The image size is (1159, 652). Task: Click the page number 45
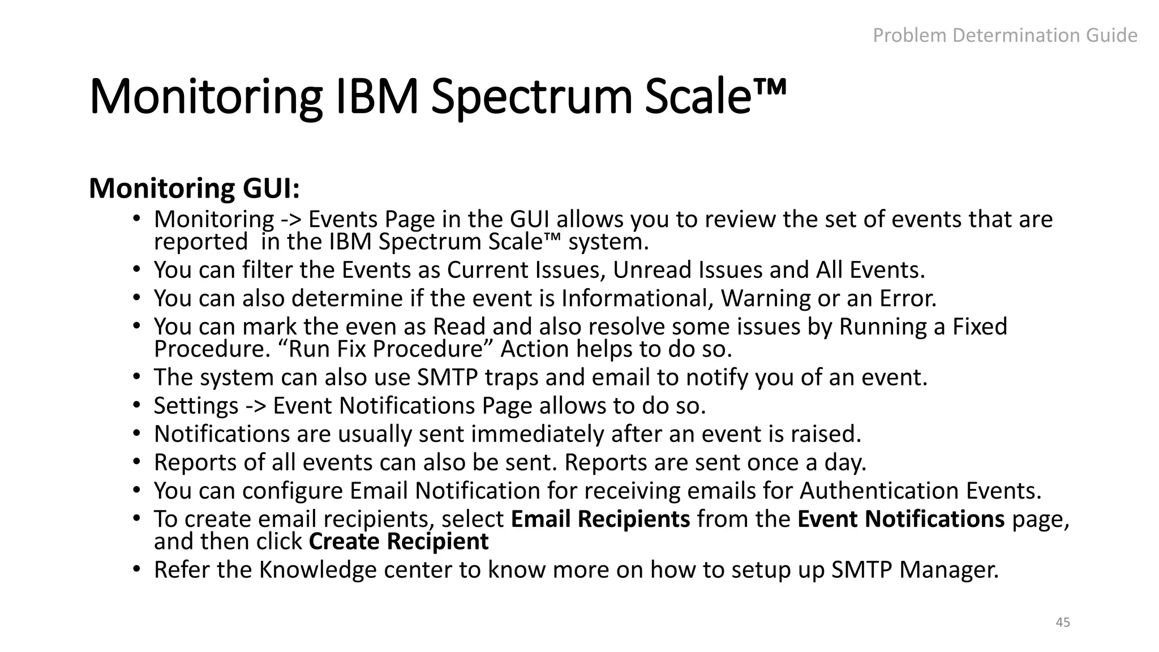[1063, 622]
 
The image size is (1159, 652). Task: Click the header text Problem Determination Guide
[1005, 36]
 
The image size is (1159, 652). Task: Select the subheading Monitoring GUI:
[194, 188]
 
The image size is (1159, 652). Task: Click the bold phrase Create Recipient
[398, 542]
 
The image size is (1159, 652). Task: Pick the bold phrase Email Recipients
[600, 519]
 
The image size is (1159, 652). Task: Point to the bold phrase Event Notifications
[900, 519]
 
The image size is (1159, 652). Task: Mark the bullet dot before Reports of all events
[136, 461]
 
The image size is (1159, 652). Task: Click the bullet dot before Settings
[136, 405]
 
